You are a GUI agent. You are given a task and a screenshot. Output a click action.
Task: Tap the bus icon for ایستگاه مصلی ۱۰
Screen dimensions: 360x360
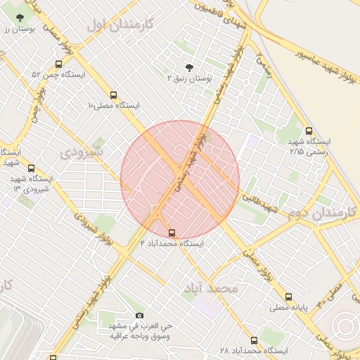click(x=112, y=95)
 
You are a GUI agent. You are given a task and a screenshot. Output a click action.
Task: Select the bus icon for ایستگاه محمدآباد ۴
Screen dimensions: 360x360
click(x=172, y=233)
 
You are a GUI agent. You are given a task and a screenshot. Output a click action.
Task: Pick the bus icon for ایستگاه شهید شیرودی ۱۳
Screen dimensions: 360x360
click(x=31, y=169)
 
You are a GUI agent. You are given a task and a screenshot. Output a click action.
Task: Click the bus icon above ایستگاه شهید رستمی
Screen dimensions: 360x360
click(x=309, y=131)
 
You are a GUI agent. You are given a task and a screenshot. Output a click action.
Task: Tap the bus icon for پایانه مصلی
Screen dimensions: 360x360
click(x=289, y=297)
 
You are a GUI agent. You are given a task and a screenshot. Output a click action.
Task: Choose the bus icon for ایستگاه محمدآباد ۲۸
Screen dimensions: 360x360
click(x=254, y=340)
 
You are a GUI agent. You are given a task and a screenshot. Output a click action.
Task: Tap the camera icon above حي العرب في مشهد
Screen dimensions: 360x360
click(x=139, y=316)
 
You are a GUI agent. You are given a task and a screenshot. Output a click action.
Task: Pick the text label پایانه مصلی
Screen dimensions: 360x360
click(x=288, y=308)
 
